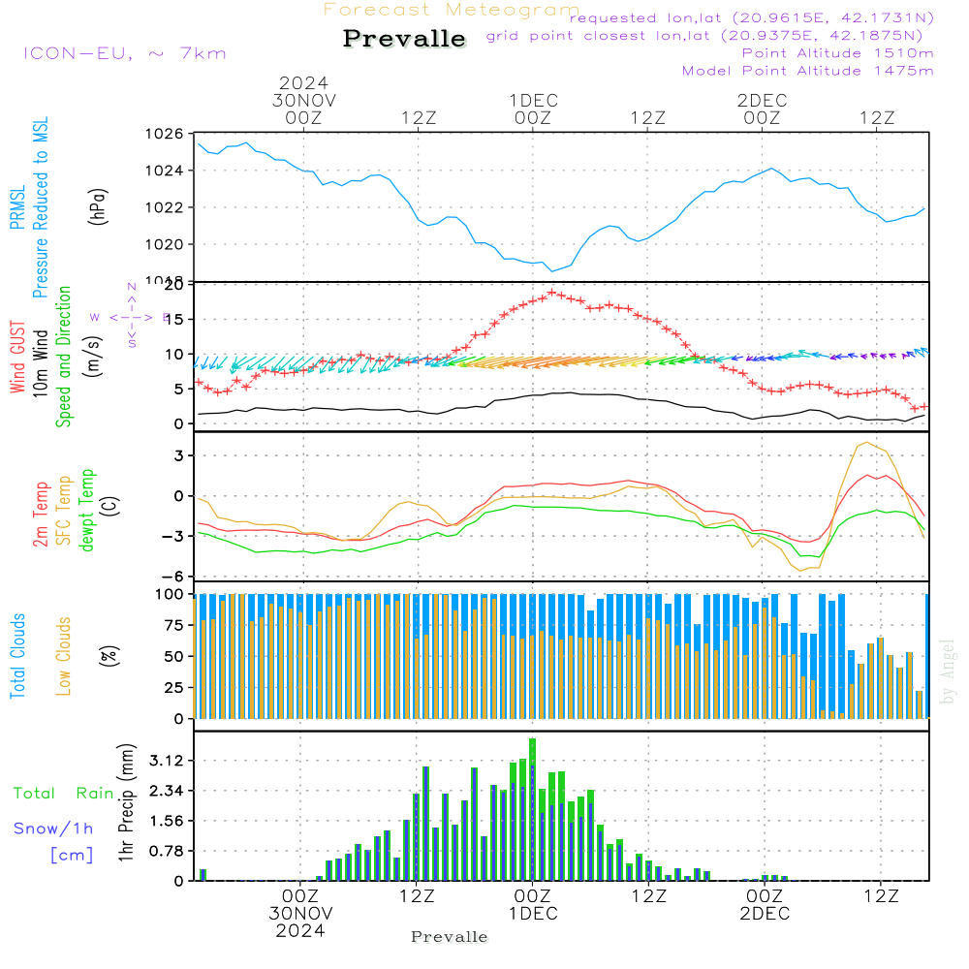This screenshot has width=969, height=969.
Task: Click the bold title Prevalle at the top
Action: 404,39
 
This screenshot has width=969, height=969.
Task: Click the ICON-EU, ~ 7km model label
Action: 124,53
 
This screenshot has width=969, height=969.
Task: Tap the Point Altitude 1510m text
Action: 837,53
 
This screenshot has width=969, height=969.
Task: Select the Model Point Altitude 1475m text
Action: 808,71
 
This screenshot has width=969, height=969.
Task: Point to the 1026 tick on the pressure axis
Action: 164,134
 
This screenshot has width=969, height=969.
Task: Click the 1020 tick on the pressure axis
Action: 164,244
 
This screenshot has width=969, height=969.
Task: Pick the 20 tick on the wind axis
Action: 173,285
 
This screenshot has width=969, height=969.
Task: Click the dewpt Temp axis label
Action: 88,510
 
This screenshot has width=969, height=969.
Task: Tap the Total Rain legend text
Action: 63,793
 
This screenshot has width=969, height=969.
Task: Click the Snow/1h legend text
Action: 53,828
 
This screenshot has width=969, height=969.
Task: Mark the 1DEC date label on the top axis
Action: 533,100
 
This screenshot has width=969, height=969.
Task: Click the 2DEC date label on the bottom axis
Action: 764,913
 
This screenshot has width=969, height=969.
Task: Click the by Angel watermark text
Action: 949,672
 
